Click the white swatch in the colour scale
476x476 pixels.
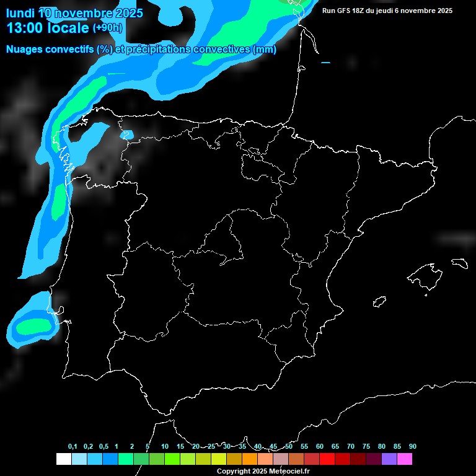63,459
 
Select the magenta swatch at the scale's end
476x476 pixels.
405,459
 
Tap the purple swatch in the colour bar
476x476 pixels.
389,459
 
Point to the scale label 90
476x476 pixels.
413,447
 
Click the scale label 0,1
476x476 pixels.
73,447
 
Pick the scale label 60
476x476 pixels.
320,447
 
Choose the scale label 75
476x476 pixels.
366,447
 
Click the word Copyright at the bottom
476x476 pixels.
234,471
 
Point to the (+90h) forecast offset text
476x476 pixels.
107,28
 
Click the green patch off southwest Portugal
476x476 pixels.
32,325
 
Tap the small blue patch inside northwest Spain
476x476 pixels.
126,134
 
